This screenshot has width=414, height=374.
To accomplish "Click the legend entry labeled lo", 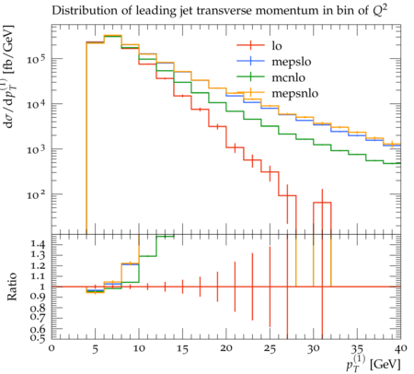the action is click(x=277, y=46).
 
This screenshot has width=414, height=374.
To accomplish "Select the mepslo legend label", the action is click(x=292, y=62).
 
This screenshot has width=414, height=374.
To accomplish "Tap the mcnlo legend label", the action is click(x=288, y=77).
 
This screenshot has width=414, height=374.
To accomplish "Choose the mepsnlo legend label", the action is click(x=295, y=93).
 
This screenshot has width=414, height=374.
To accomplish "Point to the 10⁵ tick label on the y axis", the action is click(x=36, y=59).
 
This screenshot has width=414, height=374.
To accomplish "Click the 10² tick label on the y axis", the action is click(x=36, y=194).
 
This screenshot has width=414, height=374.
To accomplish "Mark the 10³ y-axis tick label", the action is click(x=36, y=149).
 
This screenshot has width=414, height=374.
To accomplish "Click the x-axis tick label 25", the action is click(x=270, y=349).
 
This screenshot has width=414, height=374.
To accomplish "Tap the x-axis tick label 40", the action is click(x=401, y=348).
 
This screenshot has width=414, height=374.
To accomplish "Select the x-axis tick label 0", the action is click(x=52, y=348).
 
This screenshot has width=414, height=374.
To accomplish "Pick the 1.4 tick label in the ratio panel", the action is click(x=38, y=244).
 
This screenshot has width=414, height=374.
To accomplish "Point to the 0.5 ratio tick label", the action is click(x=38, y=338).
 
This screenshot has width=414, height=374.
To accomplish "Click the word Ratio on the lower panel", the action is click(x=12, y=286).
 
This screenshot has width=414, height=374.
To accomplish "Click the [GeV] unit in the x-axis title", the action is click(x=385, y=365).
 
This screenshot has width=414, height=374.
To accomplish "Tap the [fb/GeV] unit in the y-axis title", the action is click(x=8, y=50).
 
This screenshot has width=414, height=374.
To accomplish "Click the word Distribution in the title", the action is click(x=80, y=11).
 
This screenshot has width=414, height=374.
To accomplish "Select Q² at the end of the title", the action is click(x=380, y=10).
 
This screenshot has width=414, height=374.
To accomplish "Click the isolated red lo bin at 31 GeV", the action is click(x=322, y=203).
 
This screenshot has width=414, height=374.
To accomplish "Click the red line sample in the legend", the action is click(x=250, y=45).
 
